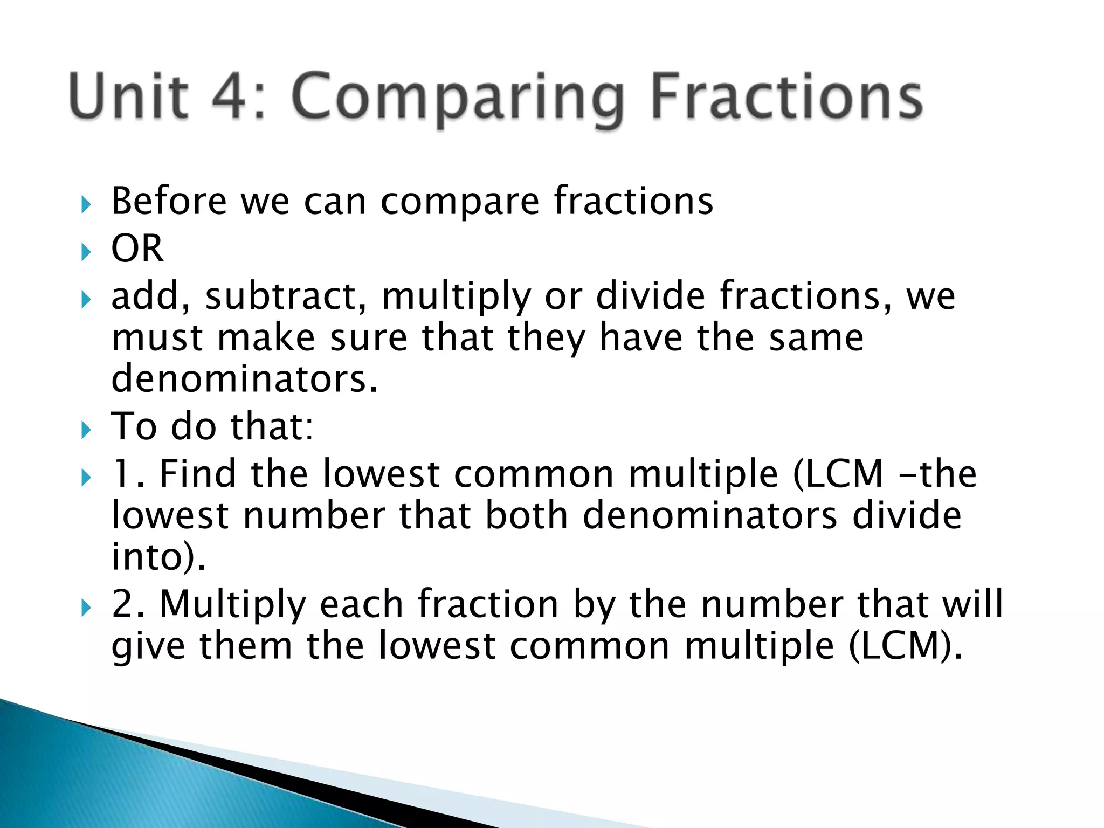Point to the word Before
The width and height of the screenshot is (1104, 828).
pos(169,201)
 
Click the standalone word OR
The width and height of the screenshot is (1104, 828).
pos(137,249)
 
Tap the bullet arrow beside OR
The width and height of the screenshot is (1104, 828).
pos(86,251)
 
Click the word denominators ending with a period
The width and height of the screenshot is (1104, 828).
pos(245,379)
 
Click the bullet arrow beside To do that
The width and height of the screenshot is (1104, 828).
pos(86,430)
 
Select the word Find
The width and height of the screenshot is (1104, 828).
pos(198,474)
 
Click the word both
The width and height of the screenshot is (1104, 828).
pos(527,515)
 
